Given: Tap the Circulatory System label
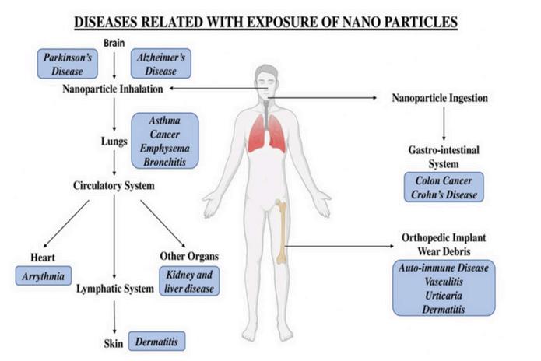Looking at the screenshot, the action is pyautogui.click(x=114, y=186).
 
